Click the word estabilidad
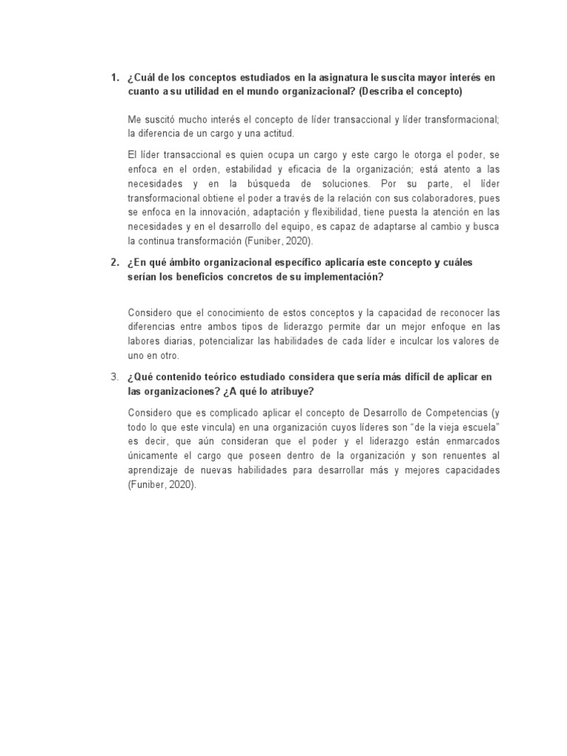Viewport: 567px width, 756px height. point(259,169)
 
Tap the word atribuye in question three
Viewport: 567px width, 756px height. point(293,391)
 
